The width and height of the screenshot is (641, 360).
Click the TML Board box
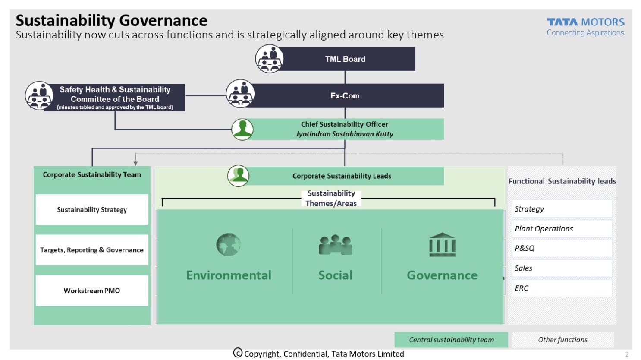pyautogui.click(x=345, y=59)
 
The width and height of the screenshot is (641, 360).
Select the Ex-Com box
pyautogui.click(x=345, y=96)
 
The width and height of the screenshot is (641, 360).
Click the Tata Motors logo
pyautogui.click(x=585, y=27)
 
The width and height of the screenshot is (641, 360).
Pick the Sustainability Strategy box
pyautogui.click(x=92, y=210)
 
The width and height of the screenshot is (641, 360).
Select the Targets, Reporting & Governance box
pyautogui.click(x=92, y=250)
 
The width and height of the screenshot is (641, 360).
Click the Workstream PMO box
pyautogui.click(x=92, y=291)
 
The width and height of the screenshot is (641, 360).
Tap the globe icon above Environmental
pyautogui.click(x=228, y=245)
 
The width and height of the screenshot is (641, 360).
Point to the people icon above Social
pyautogui.click(x=335, y=245)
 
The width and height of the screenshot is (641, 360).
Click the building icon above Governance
pyautogui.click(x=442, y=245)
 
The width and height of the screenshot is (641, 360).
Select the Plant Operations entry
pyautogui.click(x=562, y=229)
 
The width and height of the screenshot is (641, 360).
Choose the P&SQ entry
pyautogui.click(x=562, y=248)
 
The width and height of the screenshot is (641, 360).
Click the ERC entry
pyautogui.click(x=562, y=288)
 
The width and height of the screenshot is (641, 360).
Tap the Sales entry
pyautogui.click(x=562, y=268)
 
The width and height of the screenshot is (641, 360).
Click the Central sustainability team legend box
pyautogui.click(x=451, y=340)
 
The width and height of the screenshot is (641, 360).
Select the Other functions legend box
pyautogui.click(x=562, y=340)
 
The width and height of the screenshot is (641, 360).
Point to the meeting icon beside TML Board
pyautogui.click(x=269, y=59)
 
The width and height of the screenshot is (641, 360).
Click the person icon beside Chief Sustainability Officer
pyautogui.click(x=242, y=129)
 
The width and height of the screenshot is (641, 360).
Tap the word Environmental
pyautogui.click(x=229, y=275)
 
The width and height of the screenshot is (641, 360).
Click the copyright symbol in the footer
pyautogui.click(x=238, y=353)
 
